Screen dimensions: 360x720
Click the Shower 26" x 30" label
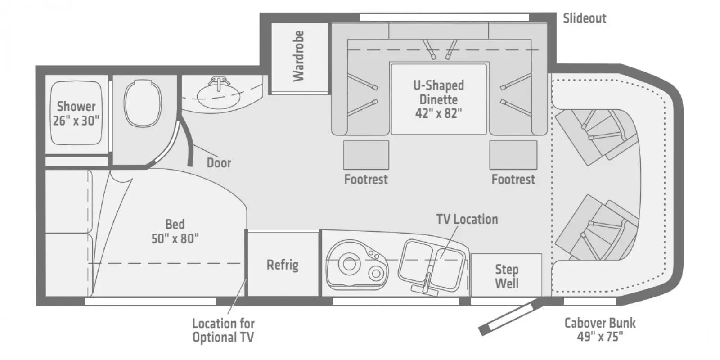click(x=76, y=113)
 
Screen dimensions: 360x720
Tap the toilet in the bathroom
click(x=142, y=103)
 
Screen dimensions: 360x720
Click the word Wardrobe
click(x=299, y=56)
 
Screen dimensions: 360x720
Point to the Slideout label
click(x=584, y=18)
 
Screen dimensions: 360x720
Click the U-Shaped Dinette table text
click(x=438, y=99)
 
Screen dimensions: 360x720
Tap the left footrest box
click(x=366, y=155)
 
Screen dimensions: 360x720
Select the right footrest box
click(x=513, y=155)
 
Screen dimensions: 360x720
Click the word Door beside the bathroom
click(x=219, y=162)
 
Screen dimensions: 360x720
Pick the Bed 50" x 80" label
click(x=175, y=231)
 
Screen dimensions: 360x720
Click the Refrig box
click(x=283, y=264)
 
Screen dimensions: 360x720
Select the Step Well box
click(x=506, y=276)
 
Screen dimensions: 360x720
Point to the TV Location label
click(x=467, y=220)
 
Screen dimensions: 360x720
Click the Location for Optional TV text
click(x=223, y=330)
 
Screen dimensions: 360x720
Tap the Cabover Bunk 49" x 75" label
click(x=600, y=329)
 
